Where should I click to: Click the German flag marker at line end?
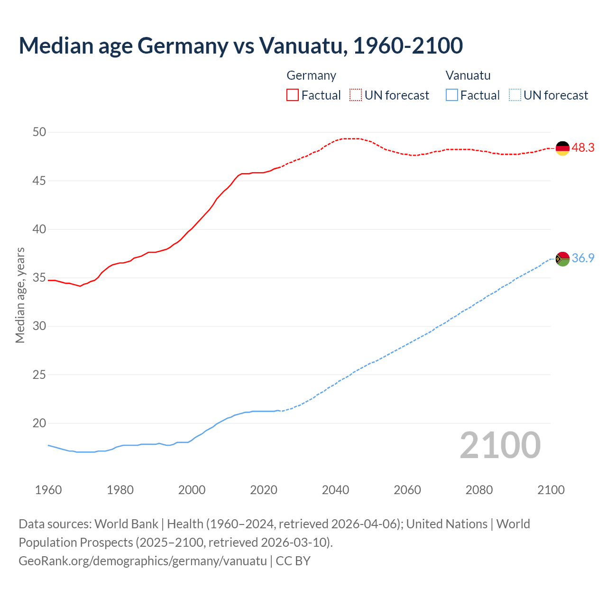pyautogui.click(x=562, y=148)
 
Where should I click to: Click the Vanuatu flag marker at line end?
pyautogui.click(x=562, y=259)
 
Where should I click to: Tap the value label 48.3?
pyautogui.click(x=583, y=148)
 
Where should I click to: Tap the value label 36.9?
pyautogui.click(x=583, y=258)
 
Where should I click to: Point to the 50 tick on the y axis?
pyautogui.click(x=39, y=132)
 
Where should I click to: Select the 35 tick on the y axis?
pyautogui.click(x=39, y=278)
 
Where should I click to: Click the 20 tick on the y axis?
pyautogui.click(x=39, y=423)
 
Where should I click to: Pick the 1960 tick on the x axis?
pyautogui.click(x=48, y=490)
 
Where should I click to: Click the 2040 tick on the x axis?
pyautogui.click(x=335, y=490)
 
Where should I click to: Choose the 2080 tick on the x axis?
pyautogui.click(x=479, y=490)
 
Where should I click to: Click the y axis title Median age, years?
pyautogui.click(x=20, y=295)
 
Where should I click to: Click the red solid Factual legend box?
pyautogui.click(x=293, y=95)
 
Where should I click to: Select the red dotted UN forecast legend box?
pyautogui.click(x=356, y=95)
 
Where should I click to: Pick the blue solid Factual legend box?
pyautogui.click(x=452, y=95)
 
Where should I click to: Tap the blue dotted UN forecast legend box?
pyautogui.click(x=515, y=95)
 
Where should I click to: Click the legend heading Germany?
pyautogui.click(x=311, y=75)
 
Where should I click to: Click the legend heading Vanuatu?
pyautogui.click(x=468, y=75)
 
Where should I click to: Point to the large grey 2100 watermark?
pyautogui.click(x=500, y=445)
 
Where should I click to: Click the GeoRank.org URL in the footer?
pyautogui.click(x=143, y=561)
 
